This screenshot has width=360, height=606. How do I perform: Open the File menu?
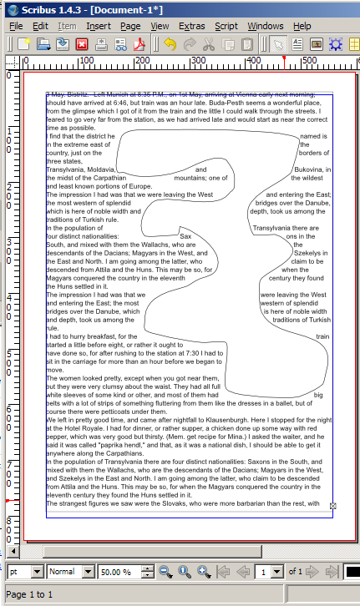pos(16,27)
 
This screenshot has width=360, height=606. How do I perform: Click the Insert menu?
pos(98,27)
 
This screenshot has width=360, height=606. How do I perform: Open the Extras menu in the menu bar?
pos(191,27)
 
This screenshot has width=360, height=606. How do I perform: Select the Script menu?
pos(226,27)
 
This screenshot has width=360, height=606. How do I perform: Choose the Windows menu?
pos(265,27)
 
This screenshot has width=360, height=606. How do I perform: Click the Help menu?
pos(302,27)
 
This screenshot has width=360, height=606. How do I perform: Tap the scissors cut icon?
pos(208,44)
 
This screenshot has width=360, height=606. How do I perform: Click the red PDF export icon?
pos(141,44)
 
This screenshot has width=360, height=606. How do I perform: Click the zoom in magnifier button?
pos(203,572)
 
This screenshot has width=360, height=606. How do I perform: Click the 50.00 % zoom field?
pos(119,573)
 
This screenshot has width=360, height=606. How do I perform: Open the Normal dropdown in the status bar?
pos(71,573)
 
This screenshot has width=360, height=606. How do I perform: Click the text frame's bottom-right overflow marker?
pos(333,506)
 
